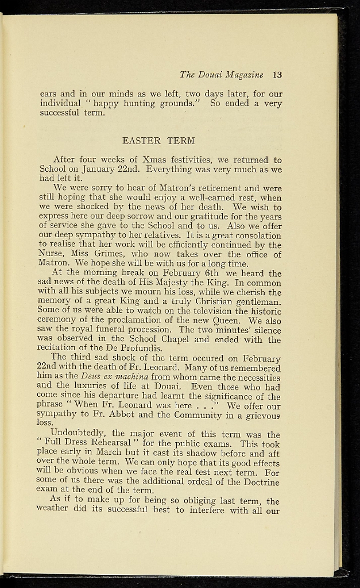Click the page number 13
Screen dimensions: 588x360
(x=277, y=75)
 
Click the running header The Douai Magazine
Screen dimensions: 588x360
(x=221, y=75)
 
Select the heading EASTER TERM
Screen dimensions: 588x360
(x=158, y=140)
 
